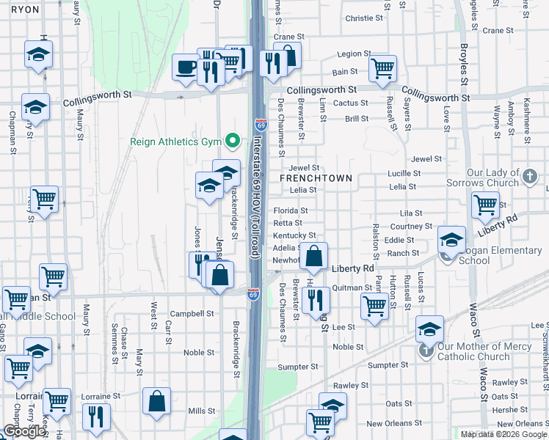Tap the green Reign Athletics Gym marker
pos(233,140)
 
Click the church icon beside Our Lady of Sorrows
pos(531,177)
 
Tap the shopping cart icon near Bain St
pos(382,68)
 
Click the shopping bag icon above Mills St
pos(157,401)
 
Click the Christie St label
pos(365,18)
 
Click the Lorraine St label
pos(101,396)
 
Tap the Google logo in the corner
pos(24,432)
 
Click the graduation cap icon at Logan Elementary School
pos(452,239)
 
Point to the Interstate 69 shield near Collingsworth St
pos(261,125)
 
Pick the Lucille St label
pos(404,174)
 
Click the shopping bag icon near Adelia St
pos(314,257)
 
